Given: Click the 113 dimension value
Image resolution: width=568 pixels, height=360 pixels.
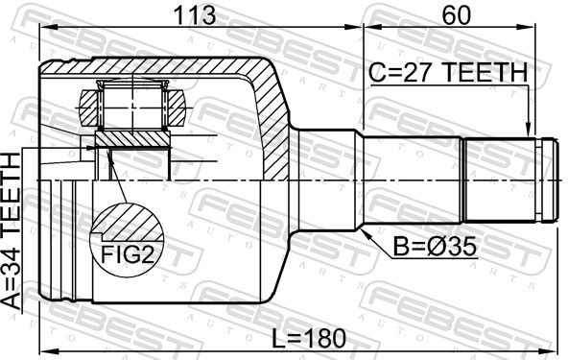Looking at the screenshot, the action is [x=195, y=15].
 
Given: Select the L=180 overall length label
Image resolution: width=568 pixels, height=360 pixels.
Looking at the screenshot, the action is [x=309, y=339].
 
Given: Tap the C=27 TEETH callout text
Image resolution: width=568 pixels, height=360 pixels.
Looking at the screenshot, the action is [x=448, y=73].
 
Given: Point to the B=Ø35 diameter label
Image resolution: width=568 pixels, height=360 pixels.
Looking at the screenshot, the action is [x=435, y=248].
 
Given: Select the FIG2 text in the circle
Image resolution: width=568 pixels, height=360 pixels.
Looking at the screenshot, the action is [x=127, y=254].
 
